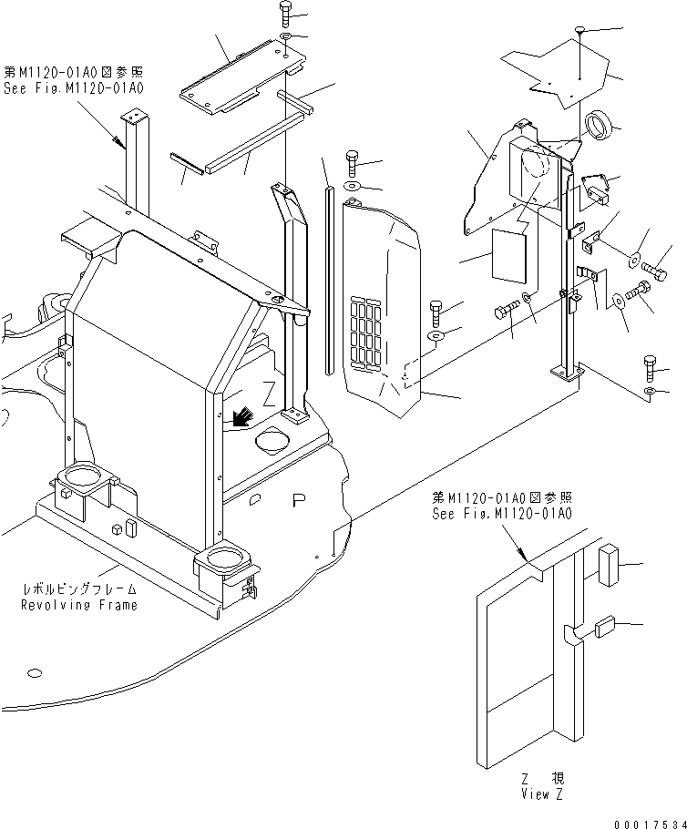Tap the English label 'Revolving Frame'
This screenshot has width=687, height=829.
coord(79,605)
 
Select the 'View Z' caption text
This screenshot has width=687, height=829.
coord(541,794)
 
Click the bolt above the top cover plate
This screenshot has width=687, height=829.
coord(285,13)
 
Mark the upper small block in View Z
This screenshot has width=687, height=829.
coord(610,564)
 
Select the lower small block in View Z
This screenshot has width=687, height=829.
coord(605,628)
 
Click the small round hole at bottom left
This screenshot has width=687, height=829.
coord(35,673)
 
